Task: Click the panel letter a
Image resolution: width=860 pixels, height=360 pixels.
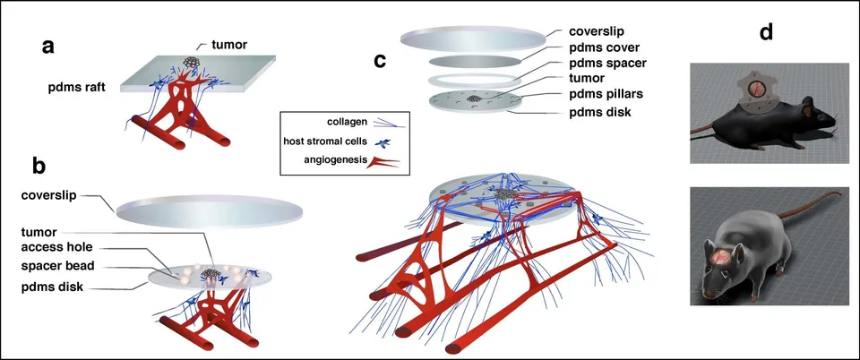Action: (x=49, y=47)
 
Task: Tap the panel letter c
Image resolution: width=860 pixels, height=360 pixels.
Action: (x=380, y=61)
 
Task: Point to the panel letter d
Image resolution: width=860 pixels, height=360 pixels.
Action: (x=766, y=32)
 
